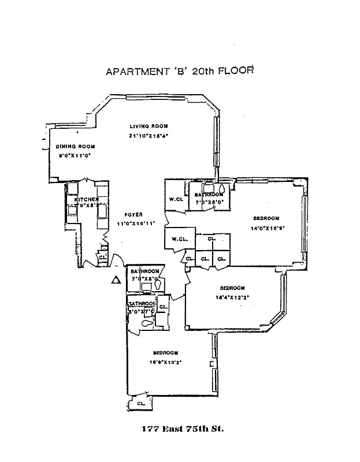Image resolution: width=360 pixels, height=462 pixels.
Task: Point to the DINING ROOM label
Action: click(75, 146)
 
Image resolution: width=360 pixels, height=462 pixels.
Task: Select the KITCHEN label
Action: click(86, 200)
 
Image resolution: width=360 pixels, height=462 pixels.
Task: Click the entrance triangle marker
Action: click(116, 280)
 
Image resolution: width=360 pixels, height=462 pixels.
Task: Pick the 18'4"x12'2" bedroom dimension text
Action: click(232, 298)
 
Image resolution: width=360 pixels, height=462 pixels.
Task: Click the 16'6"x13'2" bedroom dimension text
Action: click(165, 363)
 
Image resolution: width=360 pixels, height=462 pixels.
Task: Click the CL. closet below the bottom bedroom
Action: click(140, 403)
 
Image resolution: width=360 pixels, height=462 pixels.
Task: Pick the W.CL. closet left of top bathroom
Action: click(176, 200)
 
